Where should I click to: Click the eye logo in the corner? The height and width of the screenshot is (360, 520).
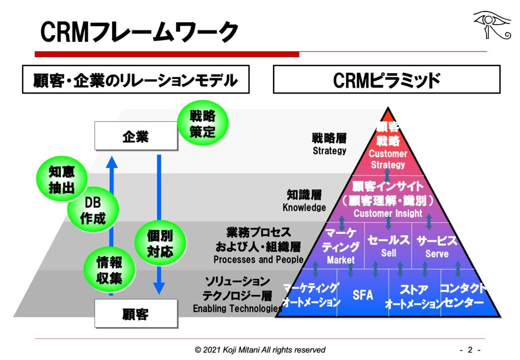click(492, 25)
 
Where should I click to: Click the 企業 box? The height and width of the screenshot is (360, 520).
click(136, 136)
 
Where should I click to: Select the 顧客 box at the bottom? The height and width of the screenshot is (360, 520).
click(136, 314)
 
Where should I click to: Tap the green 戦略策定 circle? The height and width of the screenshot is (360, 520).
click(202, 124)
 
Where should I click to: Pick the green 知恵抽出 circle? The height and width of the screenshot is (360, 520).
click(62, 180)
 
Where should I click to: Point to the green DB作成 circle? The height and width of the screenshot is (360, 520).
click(93, 211)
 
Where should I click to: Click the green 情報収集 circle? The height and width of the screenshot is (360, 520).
click(109, 270)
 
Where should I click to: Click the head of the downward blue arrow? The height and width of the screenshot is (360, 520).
click(159, 288)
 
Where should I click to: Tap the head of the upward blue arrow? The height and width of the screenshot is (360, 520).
click(112, 162)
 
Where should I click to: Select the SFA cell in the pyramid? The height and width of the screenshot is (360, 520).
click(363, 295)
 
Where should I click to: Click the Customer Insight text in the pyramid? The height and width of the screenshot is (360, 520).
click(388, 213)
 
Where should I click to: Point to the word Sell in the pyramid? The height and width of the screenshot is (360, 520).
click(388, 253)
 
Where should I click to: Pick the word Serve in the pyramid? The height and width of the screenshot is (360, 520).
click(437, 254)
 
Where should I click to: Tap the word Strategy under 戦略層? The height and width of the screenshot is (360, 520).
click(329, 151)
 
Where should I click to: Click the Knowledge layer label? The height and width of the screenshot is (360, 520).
click(304, 208)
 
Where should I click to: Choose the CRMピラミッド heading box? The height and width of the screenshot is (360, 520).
click(386, 80)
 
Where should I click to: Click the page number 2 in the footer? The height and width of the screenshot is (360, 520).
click(470, 350)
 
